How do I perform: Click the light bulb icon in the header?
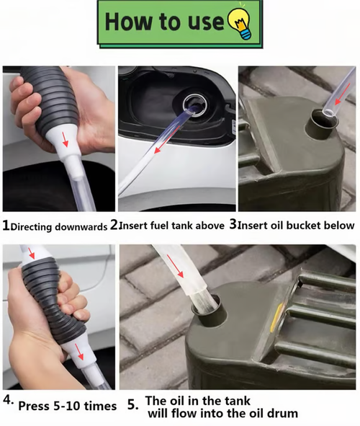pos(238,23)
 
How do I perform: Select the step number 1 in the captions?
pos(6,226)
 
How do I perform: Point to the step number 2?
pos(114,225)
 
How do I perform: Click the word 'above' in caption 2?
pos(208,226)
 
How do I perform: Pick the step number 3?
pos(233,225)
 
